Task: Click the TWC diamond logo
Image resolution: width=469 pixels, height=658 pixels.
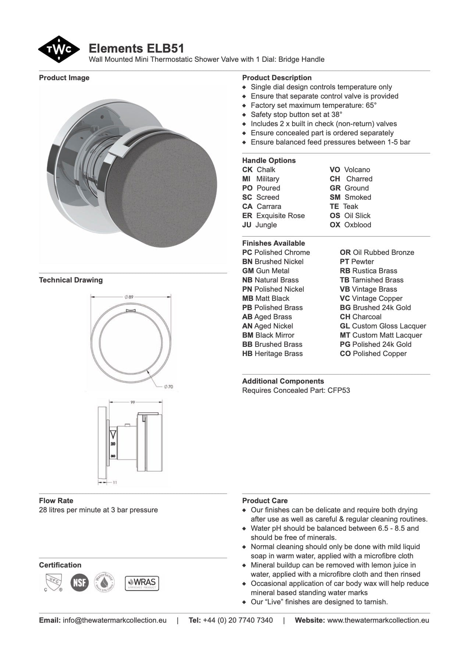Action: click(x=59, y=49)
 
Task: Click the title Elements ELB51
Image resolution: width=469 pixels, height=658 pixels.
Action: click(x=136, y=49)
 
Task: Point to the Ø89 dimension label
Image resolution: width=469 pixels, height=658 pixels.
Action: click(x=129, y=296)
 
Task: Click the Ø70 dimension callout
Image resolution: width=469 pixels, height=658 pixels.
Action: click(x=168, y=387)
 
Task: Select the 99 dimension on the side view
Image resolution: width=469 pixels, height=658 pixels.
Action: click(x=133, y=402)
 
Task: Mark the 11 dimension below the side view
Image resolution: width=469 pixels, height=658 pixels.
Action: click(x=115, y=482)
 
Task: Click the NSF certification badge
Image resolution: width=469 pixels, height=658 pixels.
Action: click(x=79, y=583)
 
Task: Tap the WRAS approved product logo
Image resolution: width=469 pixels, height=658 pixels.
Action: click(x=142, y=583)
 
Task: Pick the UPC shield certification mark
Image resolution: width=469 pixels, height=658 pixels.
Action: click(x=53, y=583)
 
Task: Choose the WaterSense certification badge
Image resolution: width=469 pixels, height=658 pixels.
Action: click(x=104, y=583)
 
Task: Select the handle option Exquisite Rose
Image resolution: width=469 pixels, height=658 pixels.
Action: click(x=280, y=216)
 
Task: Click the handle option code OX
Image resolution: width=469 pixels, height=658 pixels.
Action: click(x=335, y=225)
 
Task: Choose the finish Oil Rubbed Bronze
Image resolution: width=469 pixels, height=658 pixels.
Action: click(x=383, y=252)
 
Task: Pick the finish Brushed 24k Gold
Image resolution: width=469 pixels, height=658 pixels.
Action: click(x=381, y=307)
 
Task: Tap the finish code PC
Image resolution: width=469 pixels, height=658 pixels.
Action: click(x=247, y=252)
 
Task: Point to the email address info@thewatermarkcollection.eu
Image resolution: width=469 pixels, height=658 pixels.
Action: click(x=115, y=620)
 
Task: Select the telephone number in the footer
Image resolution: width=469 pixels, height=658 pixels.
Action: click(x=238, y=620)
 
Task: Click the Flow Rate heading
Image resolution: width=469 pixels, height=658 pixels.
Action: click(x=56, y=501)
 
